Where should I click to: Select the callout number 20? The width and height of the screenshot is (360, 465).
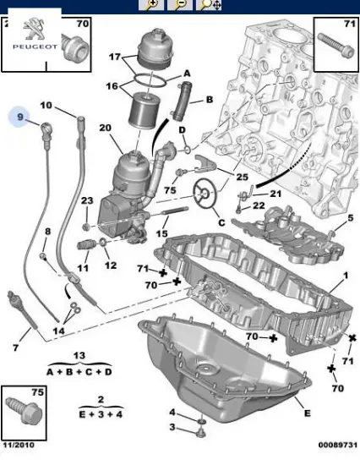tap(106, 129)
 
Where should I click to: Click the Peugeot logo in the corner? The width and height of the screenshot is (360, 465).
tap(32, 31)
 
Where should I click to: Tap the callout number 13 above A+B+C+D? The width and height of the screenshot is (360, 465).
tap(79, 355)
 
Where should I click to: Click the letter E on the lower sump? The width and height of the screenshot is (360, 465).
tap(306, 413)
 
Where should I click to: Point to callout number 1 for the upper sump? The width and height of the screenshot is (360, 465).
tap(345, 277)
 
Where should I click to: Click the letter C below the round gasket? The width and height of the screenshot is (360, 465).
tap(222, 222)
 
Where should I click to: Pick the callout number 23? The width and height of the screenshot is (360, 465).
tap(86, 200)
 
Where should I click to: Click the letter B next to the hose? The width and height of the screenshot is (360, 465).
tap(209, 99)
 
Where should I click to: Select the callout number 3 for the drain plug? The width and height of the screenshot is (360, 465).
tap(172, 429)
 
